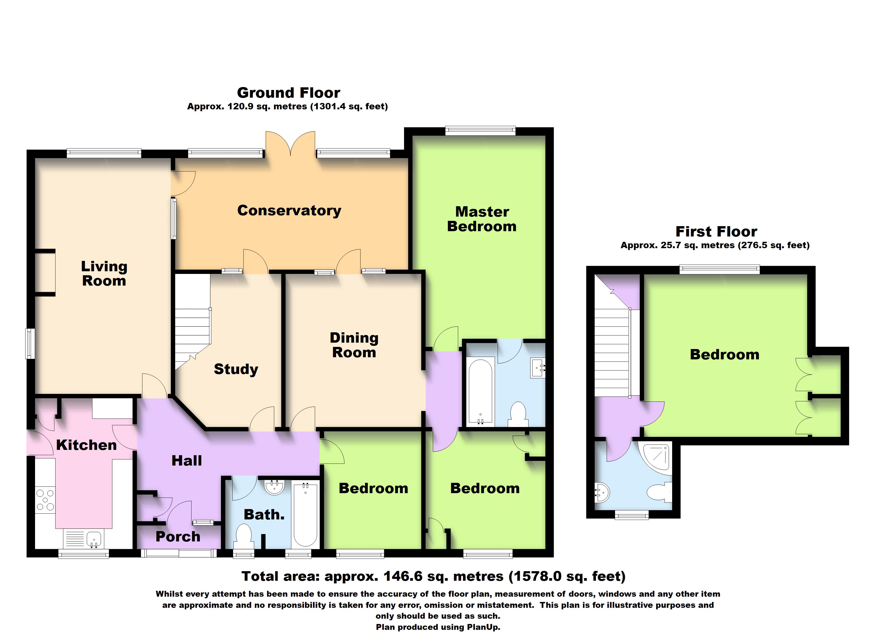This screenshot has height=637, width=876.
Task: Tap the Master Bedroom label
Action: [x=482, y=219]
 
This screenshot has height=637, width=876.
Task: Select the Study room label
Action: [x=236, y=369]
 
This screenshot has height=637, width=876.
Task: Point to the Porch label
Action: [x=178, y=537]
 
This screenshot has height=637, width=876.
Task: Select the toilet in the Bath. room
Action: [x=244, y=535]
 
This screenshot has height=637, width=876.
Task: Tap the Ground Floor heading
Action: [x=289, y=93]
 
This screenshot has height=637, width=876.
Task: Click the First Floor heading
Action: [x=716, y=231]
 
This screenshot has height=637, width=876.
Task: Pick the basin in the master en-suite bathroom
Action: [x=537, y=368]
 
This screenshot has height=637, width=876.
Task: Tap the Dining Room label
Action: [x=354, y=345]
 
